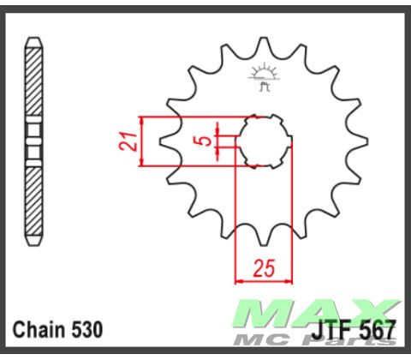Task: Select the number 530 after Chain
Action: (x=89, y=329)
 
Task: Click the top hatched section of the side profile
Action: (x=33, y=86)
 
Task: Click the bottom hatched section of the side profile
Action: (x=33, y=201)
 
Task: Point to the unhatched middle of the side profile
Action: (x=33, y=141)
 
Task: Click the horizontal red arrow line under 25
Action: (x=264, y=279)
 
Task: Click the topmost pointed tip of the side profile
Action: (x=33, y=39)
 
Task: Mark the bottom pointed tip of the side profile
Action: (x=33, y=243)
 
